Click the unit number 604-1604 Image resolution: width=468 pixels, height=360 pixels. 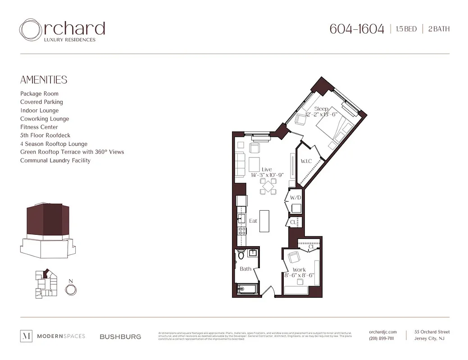[x=357, y=29]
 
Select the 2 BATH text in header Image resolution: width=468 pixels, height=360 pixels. [x=439, y=29]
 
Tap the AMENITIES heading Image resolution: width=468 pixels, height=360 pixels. [x=44, y=80]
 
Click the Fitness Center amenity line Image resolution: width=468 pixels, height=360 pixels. [x=39, y=127]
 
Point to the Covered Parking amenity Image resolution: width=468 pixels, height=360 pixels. [x=41, y=102]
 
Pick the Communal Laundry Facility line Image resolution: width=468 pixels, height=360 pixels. [x=55, y=160]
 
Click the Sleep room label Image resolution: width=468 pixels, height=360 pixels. [x=321, y=109]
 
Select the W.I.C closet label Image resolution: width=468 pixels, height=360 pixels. [x=307, y=162]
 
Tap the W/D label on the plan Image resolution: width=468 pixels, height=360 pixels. [x=295, y=198]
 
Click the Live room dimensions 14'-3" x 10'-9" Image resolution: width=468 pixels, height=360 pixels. [x=268, y=175]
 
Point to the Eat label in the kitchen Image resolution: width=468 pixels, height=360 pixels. [x=253, y=221]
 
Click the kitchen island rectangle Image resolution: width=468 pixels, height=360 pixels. [x=264, y=221]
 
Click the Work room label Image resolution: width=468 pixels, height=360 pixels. [x=299, y=270]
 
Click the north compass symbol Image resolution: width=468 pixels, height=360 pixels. [x=70, y=290]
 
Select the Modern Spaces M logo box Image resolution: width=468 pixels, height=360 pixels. [x=27, y=336]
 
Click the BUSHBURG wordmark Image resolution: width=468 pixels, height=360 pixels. [x=120, y=337]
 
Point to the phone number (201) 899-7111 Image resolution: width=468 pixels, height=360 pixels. [x=381, y=338]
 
